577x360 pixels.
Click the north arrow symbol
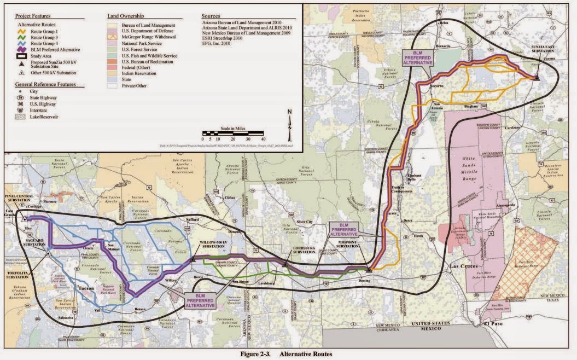(290, 118)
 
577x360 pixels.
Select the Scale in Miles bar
(233, 132)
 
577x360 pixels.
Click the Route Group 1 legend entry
(46, 32)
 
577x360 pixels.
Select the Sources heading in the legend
(211, 16)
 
